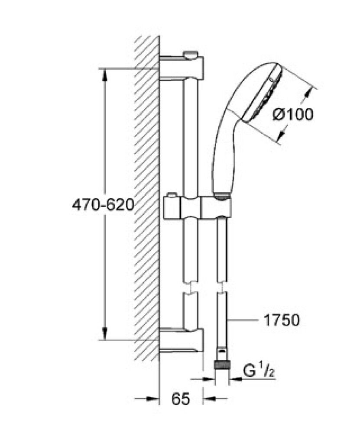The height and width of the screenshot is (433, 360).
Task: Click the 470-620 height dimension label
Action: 103,204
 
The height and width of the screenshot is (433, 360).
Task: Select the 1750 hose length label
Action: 281,321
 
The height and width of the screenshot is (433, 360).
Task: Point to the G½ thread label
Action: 257,372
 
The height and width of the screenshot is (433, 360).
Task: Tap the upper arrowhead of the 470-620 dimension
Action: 104,74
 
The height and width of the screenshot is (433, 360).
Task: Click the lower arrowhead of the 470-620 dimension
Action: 104,333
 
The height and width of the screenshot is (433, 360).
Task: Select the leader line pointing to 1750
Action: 247,321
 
